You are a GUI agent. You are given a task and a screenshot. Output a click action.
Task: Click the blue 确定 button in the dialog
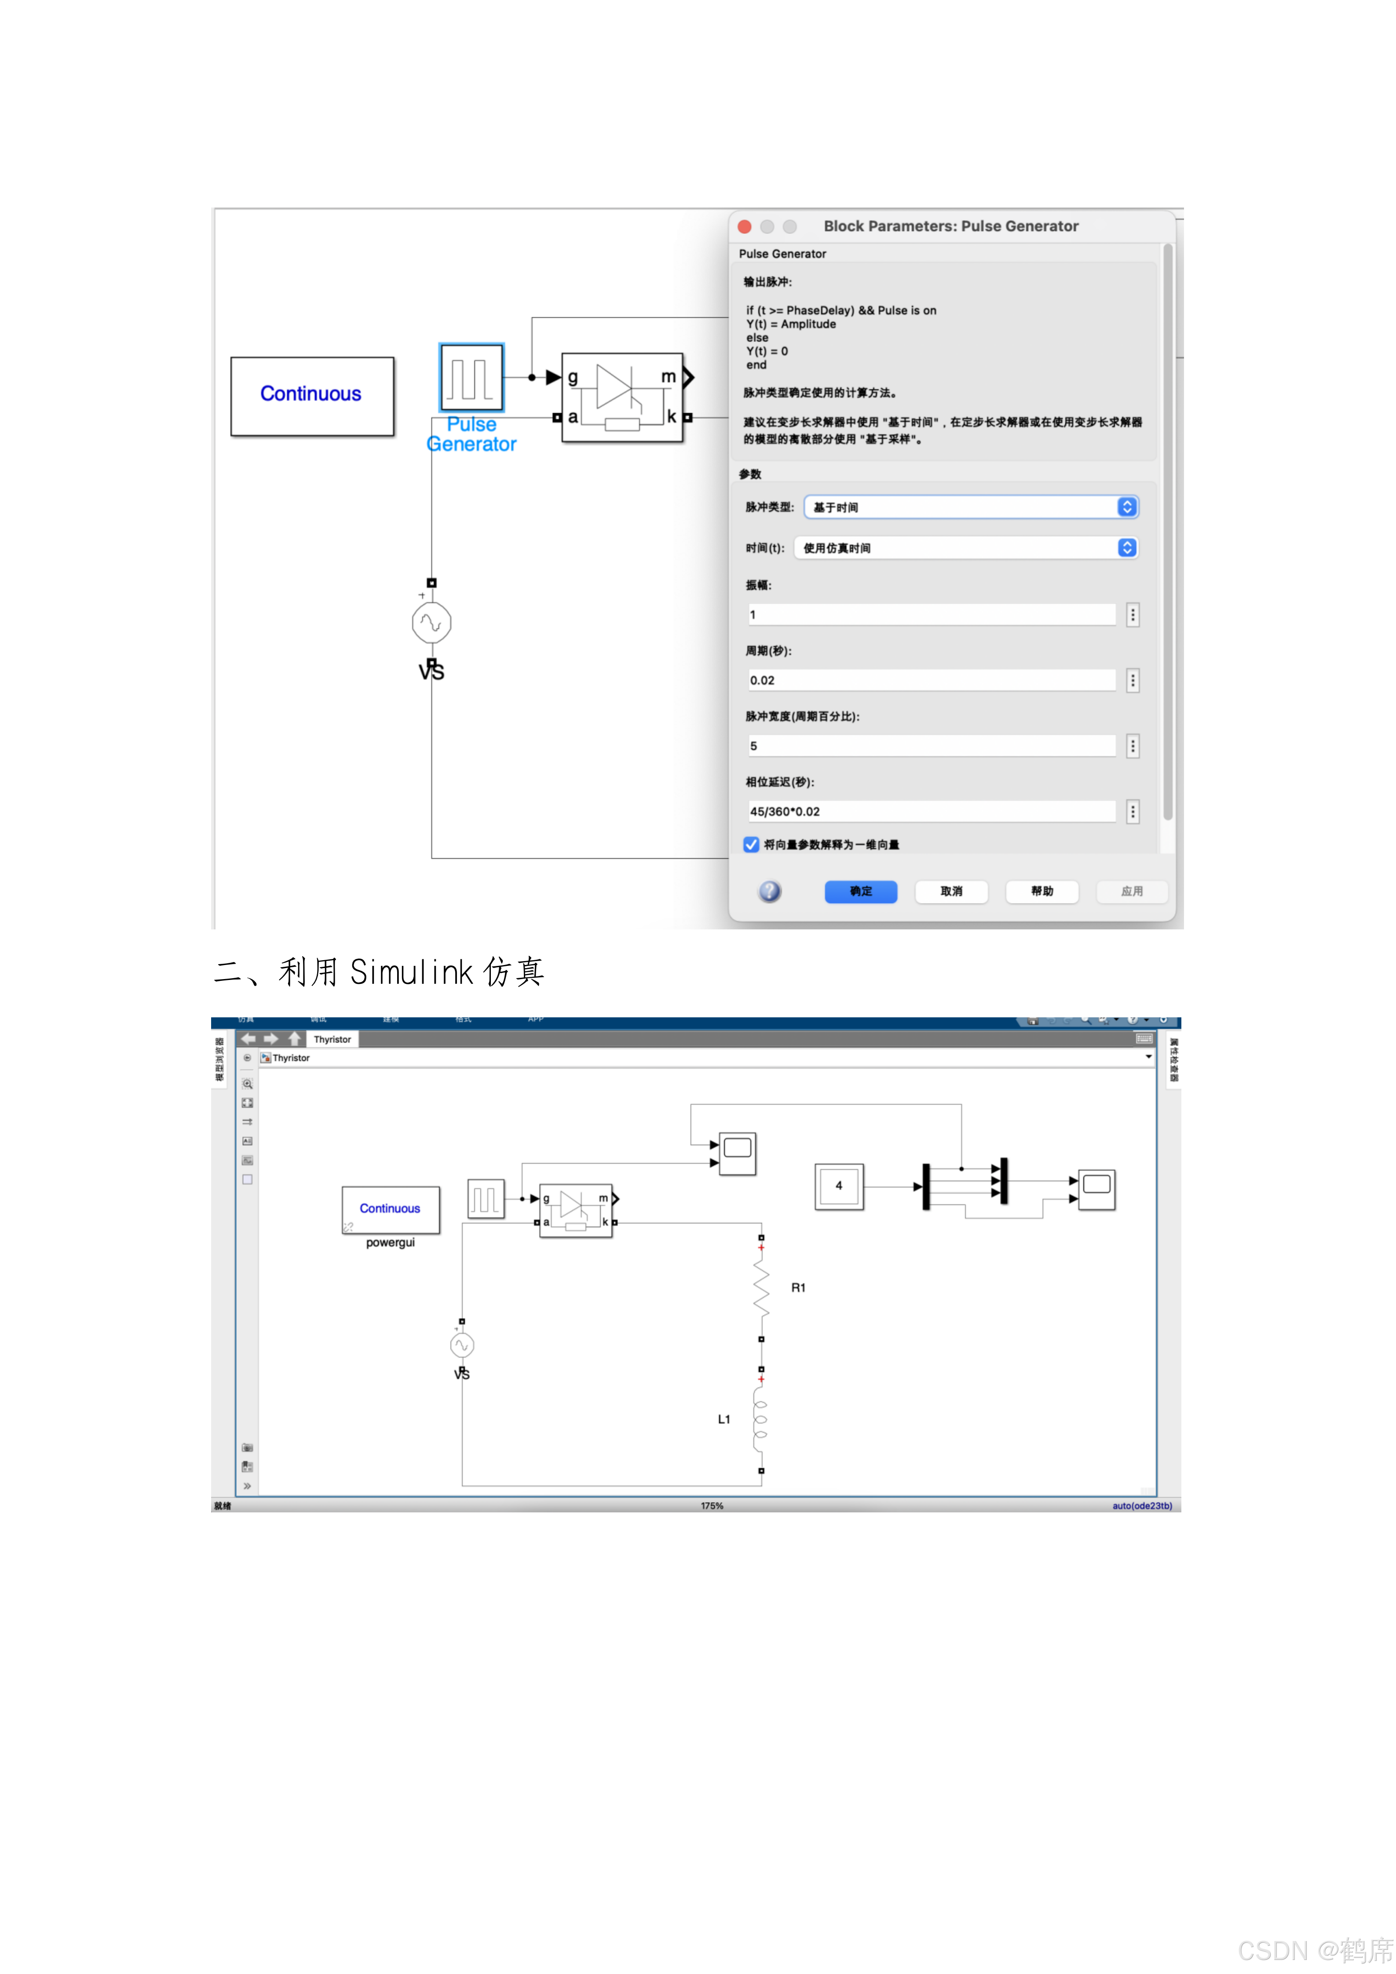860,892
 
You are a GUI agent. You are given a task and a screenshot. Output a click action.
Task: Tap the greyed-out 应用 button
1131,892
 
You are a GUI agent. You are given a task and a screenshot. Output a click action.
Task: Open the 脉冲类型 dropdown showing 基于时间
970,507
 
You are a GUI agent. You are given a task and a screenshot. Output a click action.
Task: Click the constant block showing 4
839,1187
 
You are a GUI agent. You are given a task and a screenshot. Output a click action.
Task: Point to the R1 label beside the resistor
798,1288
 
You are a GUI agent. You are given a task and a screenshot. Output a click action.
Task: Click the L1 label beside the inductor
724,1420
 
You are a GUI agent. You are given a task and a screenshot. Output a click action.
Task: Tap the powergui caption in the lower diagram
391,1243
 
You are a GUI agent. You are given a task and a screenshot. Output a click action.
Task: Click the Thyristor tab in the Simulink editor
332,1039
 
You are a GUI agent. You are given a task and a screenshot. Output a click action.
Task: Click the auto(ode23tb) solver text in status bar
1141,1506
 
